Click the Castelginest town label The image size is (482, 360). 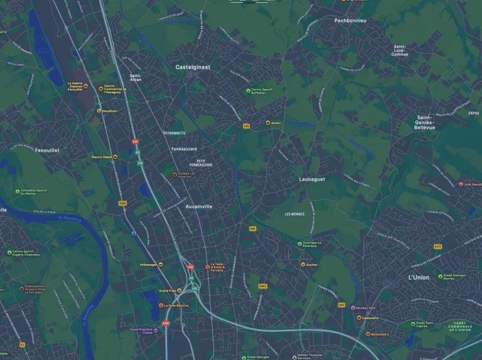[193, 66]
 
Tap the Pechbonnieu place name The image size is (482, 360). [350, 21]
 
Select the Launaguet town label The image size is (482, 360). [312, 179]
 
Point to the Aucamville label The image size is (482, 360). [199, 206]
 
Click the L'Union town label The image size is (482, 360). [419, 277]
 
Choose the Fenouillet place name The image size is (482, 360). [47, 151]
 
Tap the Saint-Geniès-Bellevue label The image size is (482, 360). [424, 122]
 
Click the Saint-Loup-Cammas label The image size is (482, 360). [400, 50]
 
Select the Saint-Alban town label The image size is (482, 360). [135, 78]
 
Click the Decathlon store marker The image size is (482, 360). [99, 111]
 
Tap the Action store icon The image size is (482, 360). [268, 123]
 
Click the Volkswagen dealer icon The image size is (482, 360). [161, 265]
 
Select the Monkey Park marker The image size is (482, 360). [353, 308]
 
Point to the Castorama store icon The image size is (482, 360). [358, 318]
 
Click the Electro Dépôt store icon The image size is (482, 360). [115, 157]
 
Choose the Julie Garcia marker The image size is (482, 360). [461, 184]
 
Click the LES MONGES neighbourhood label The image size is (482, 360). [294, 214]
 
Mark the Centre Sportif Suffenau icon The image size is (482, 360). [248, 91]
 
